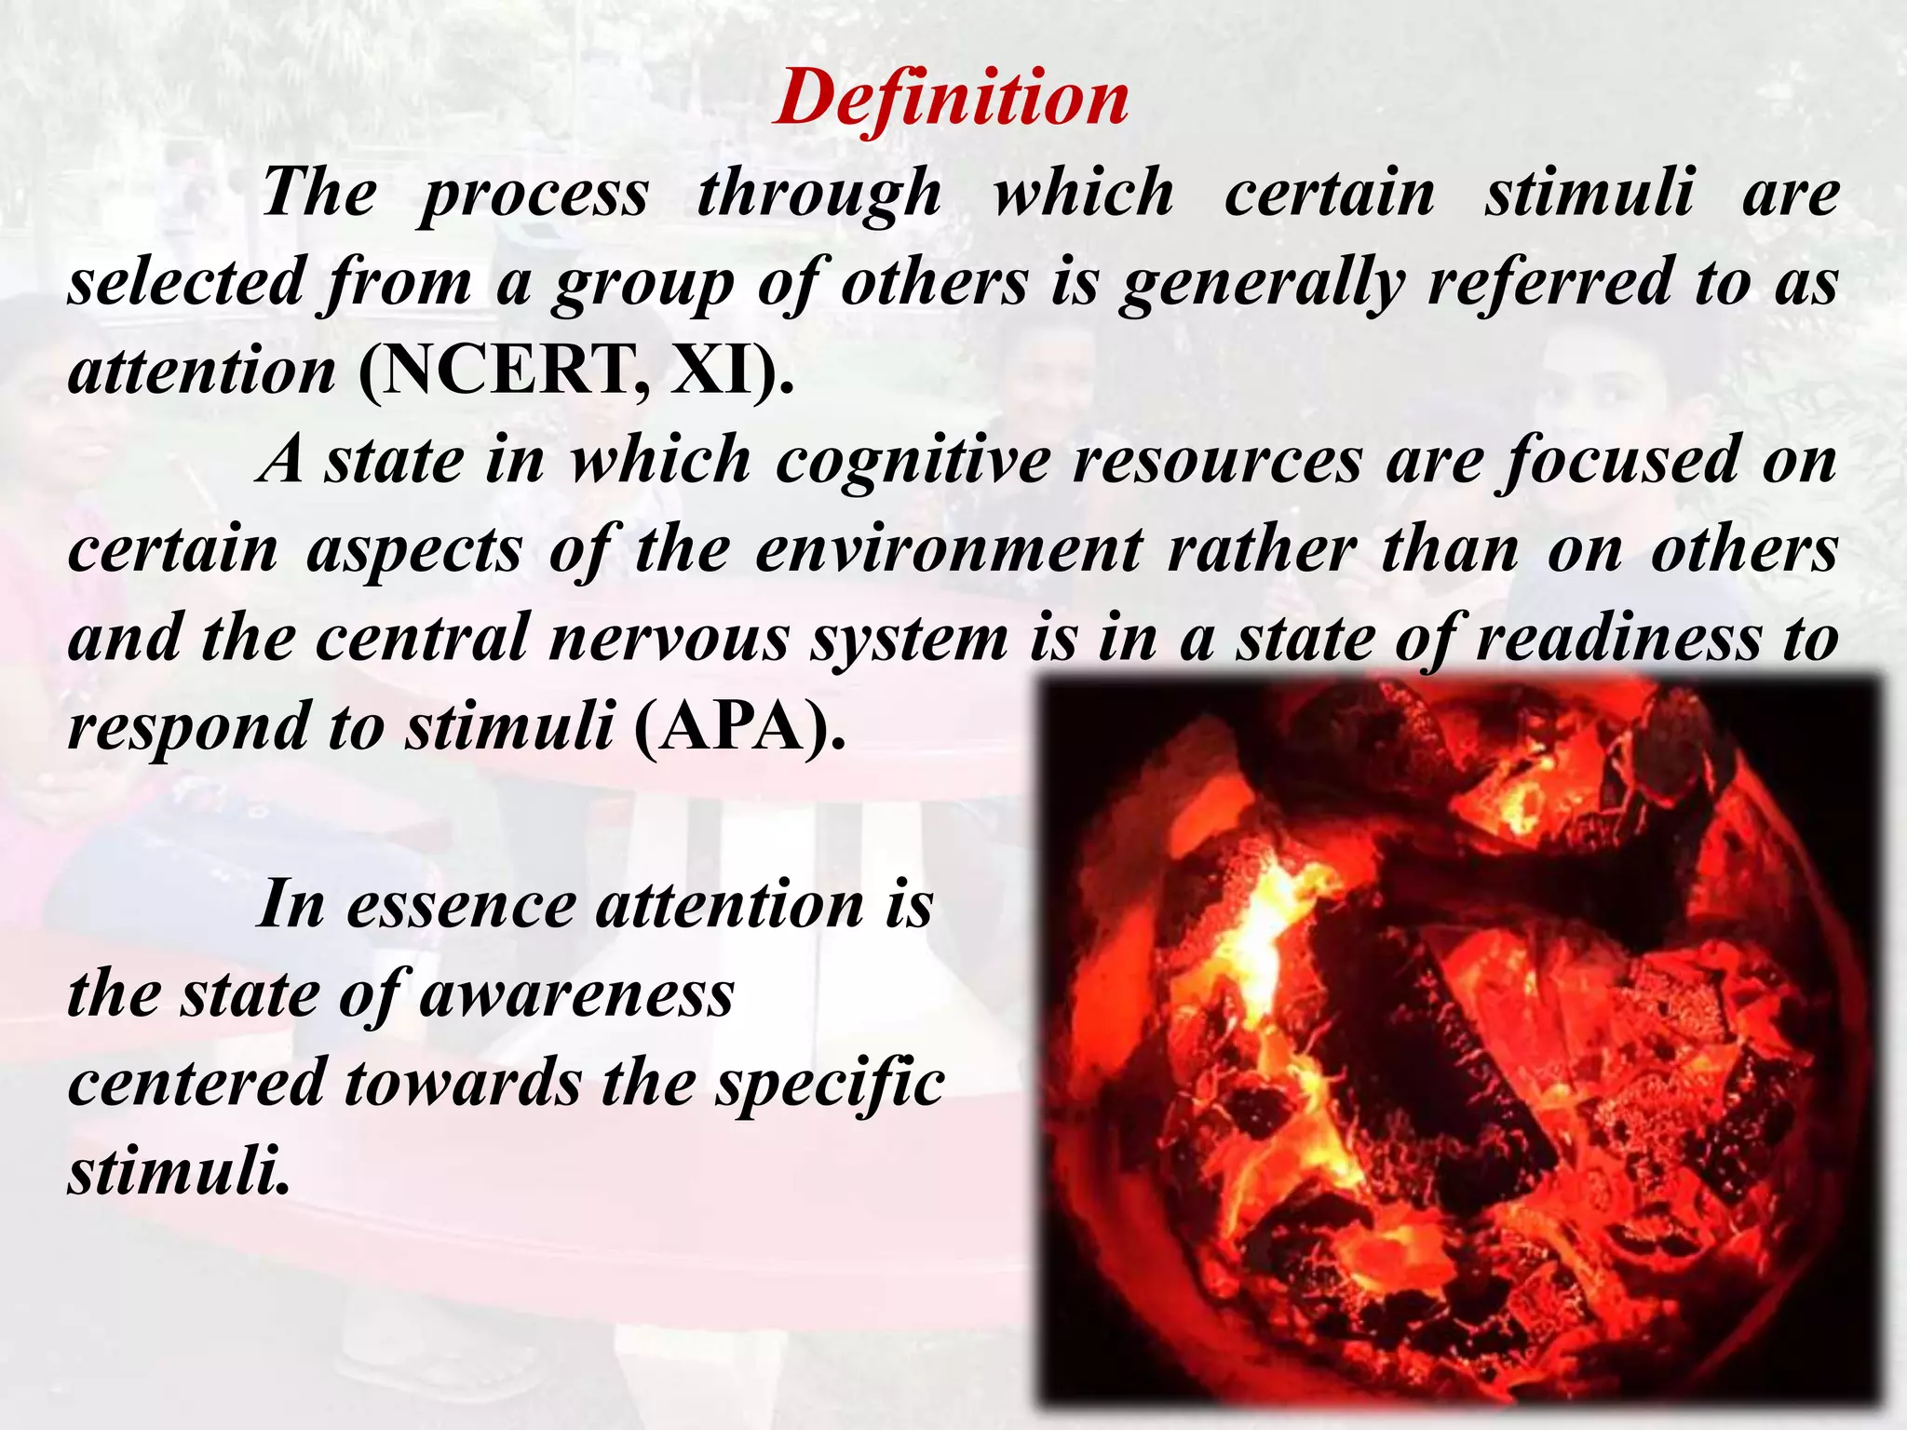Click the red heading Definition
pyautogui.click(x=952, y=99)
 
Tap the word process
pyautogui.click(x=534, y=195)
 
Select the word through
pyautogui.click(x=819, y=195)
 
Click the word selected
pyautogui.click(x=187, y=282)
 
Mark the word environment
pyautogui.click(x=948, y=550)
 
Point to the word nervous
pyautogui.click(x=669, y=640)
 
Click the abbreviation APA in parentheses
pyautogui.click(x=736, y=727)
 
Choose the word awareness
pyautogui.click(x=577, y=994)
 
